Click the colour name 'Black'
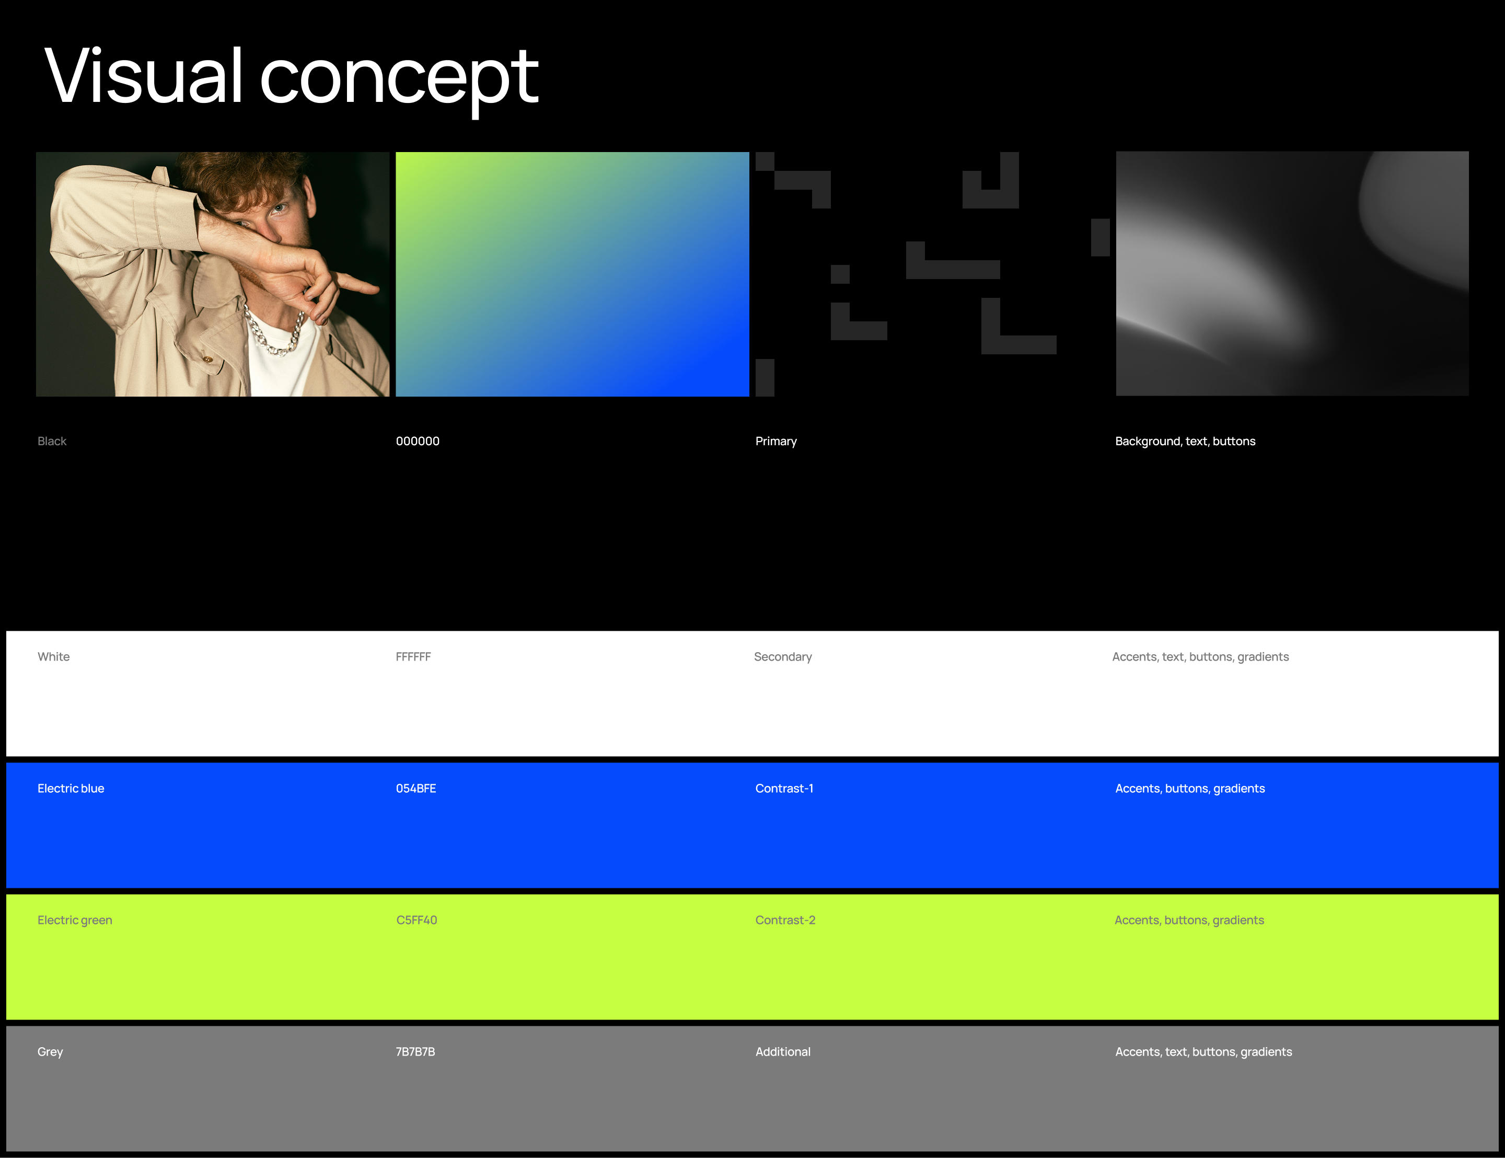point(52,441)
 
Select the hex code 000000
point(418,441)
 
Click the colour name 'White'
point(54,657)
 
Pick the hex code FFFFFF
point(413,657)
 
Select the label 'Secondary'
point(783,657)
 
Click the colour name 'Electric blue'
point(71,789)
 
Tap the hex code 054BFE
point(415,789)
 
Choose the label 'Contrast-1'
point(784,789)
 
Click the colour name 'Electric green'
point(74,921)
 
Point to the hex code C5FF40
point(416,920)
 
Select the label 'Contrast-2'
point(785,920)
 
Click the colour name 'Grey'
point(50,1052)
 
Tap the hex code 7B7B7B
point(415,1052)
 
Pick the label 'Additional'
point(783,1052)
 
